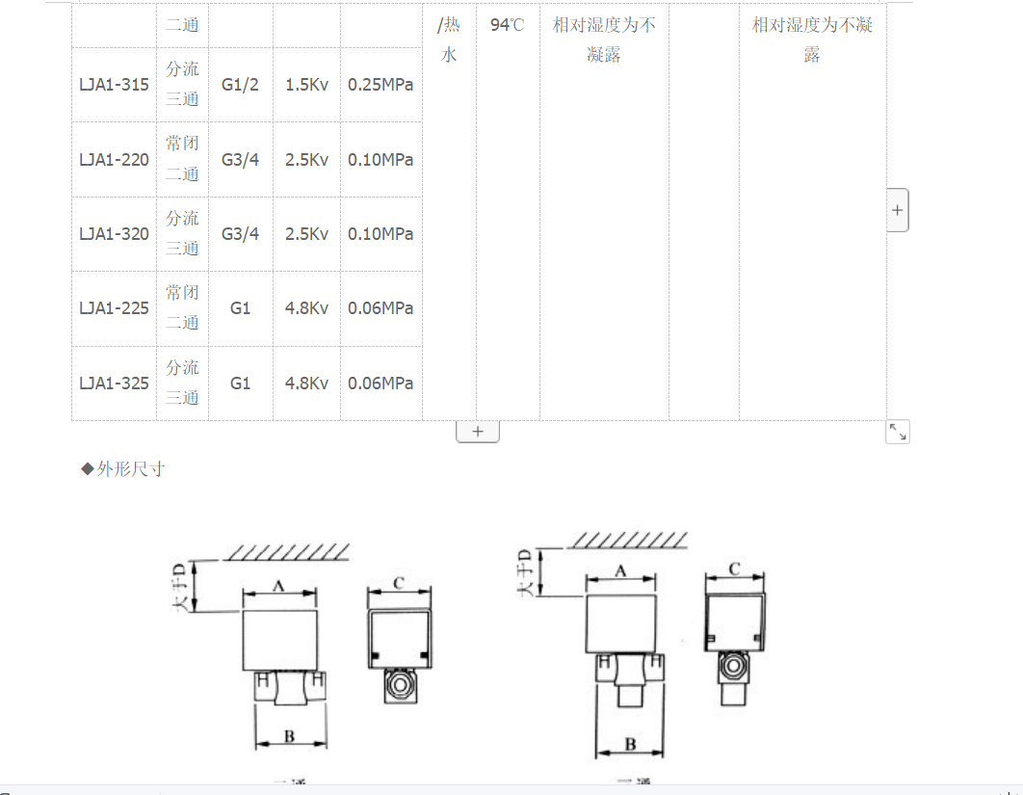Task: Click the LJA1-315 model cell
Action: click(x=114, y=85)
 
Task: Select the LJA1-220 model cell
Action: click(x=114, y=160)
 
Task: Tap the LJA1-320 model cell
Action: click(x=114, y=234)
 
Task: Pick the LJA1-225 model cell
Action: click(x=114, y=308)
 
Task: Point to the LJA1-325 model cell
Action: click(x=114, y=384)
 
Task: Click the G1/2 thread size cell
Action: click(x=240, y=85)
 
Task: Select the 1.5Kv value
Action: click(x=306, y=85)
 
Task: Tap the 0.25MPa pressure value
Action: click(x=380, y=85)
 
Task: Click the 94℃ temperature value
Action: click(x=507, y=25)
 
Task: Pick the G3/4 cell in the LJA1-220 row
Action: click(x=240, y=160)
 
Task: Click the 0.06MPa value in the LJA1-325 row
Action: click(x=380, y=384)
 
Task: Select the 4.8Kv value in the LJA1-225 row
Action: click(x=306, y=308)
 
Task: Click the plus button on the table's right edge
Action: click(x=897, y=210)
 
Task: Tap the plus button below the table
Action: click(x=478, y=432)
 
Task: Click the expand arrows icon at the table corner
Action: click(x=897, y=433)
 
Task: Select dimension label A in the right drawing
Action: click(x=621, y=570)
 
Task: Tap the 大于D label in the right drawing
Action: click(x=526, y=571)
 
